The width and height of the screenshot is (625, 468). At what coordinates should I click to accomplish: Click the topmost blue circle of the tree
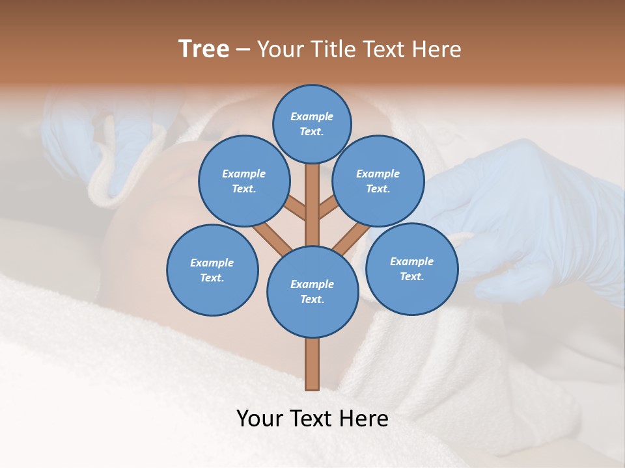click(x=312, y=123)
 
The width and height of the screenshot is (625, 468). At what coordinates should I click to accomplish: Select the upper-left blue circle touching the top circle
click(x=243, y=181)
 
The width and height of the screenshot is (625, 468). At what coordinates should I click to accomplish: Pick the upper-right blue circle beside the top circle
click(x=378, y=181)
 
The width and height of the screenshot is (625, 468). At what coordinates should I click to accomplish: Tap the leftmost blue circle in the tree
click(x=212, y=270)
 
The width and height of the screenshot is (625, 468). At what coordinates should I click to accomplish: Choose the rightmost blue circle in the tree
click(x=411, y=268)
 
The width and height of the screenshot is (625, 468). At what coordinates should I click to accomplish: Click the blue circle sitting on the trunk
click(x=312, y=291)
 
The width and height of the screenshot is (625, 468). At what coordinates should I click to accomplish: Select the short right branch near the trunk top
click(x=329, y=209)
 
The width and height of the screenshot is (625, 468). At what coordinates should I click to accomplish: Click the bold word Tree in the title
click(x=204, y=49)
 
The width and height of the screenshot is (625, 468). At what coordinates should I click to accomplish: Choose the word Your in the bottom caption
click(x=260, y=419)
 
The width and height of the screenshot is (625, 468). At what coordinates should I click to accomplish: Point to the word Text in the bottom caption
click(x=312, y=419)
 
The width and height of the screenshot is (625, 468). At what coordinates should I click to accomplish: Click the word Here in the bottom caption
click(x=365, y=419)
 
